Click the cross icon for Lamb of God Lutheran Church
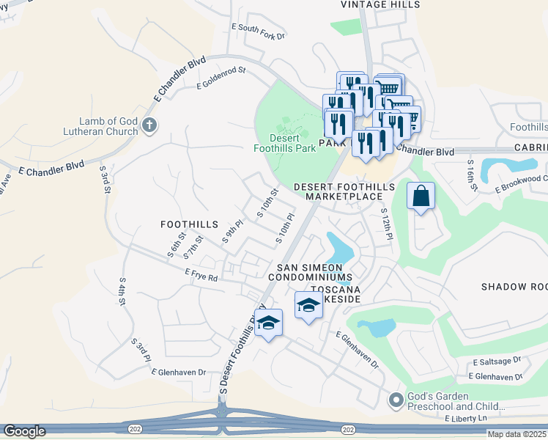pos(150,125)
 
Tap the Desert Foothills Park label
pos(292,143)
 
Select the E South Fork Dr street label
pos(257,31)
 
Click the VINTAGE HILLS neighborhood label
pos(381,5)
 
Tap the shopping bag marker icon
pos(421,197)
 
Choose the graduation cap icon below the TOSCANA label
pos(308,304)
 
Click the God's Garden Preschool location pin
pos(396,400)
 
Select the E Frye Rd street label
pos(202,276)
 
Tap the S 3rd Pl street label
pos(141,351)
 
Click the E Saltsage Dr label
pos(496,362)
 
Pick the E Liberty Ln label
pos(465,418)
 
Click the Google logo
pos(24,431)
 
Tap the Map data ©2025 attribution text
pos(516,434)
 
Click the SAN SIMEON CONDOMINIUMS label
pos(310,273)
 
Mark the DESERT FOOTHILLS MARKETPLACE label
pos(344,191)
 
